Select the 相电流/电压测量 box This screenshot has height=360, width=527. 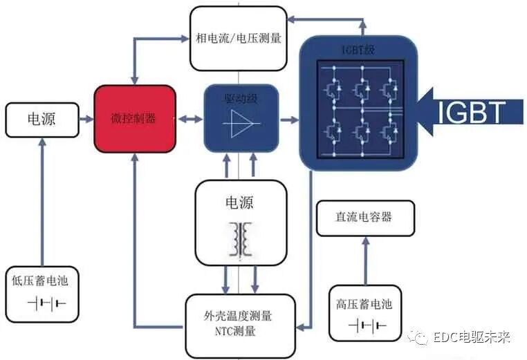click(238, 38)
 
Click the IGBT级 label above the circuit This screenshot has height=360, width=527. click(359, 50)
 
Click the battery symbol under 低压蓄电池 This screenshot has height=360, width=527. click(44, 303)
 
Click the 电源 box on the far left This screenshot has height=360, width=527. click(41, 119)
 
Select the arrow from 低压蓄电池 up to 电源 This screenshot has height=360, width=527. click(43, 200)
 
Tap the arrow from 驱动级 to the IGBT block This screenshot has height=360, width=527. click(288, 120)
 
